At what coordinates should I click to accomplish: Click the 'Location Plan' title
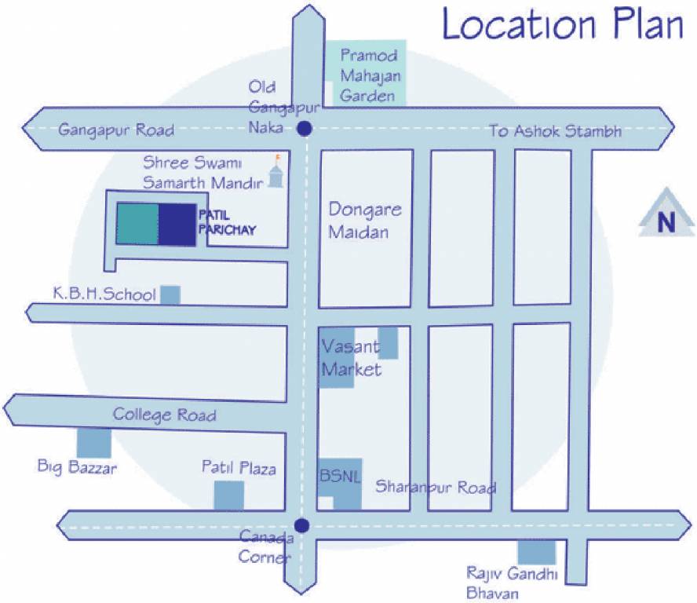click(x=563, y=26)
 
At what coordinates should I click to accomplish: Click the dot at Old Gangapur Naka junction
click(x=305, y=129)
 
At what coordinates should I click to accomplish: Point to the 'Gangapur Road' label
click(x=116, y=130)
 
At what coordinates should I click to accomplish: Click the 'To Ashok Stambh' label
click(x=555, y=131)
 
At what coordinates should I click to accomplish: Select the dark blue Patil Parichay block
click(x=177, y=224)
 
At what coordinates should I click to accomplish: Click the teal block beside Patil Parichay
click(x=138, y=224)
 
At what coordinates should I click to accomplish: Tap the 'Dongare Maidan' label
click(x=365, y=221)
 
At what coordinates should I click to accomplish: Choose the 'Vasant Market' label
click(x=350, y=358)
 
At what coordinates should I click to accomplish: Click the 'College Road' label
click(x=164, y=414)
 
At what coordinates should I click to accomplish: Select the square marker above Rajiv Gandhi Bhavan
click(x=536, y=552)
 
